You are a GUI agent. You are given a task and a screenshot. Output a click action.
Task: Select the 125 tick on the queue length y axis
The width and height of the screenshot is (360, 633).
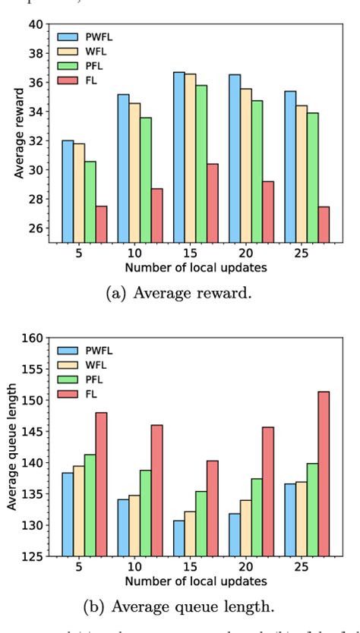point(33,556)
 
